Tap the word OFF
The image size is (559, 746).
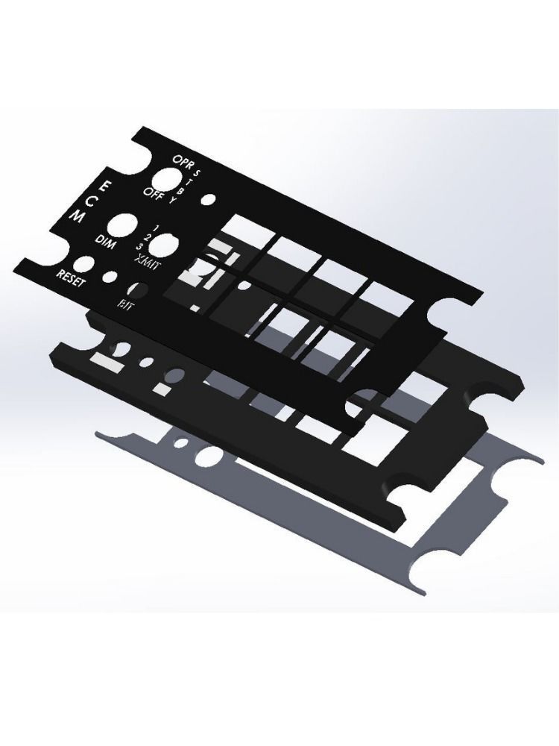(154, 194)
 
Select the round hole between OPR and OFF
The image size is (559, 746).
(167, 179)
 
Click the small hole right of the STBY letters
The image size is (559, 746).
(209, 200)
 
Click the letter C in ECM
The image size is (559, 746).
(91, 200)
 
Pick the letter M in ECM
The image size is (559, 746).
(77, 216)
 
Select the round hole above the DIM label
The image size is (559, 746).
(122, 226)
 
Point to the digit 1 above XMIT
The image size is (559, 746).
(155, 226)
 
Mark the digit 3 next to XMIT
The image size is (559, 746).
(139, 245)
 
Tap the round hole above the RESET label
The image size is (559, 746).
(83, 264)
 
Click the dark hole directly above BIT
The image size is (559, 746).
(138, 289)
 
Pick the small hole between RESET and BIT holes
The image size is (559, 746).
(110, 277)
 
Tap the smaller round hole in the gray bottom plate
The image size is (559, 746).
(180, 443)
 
